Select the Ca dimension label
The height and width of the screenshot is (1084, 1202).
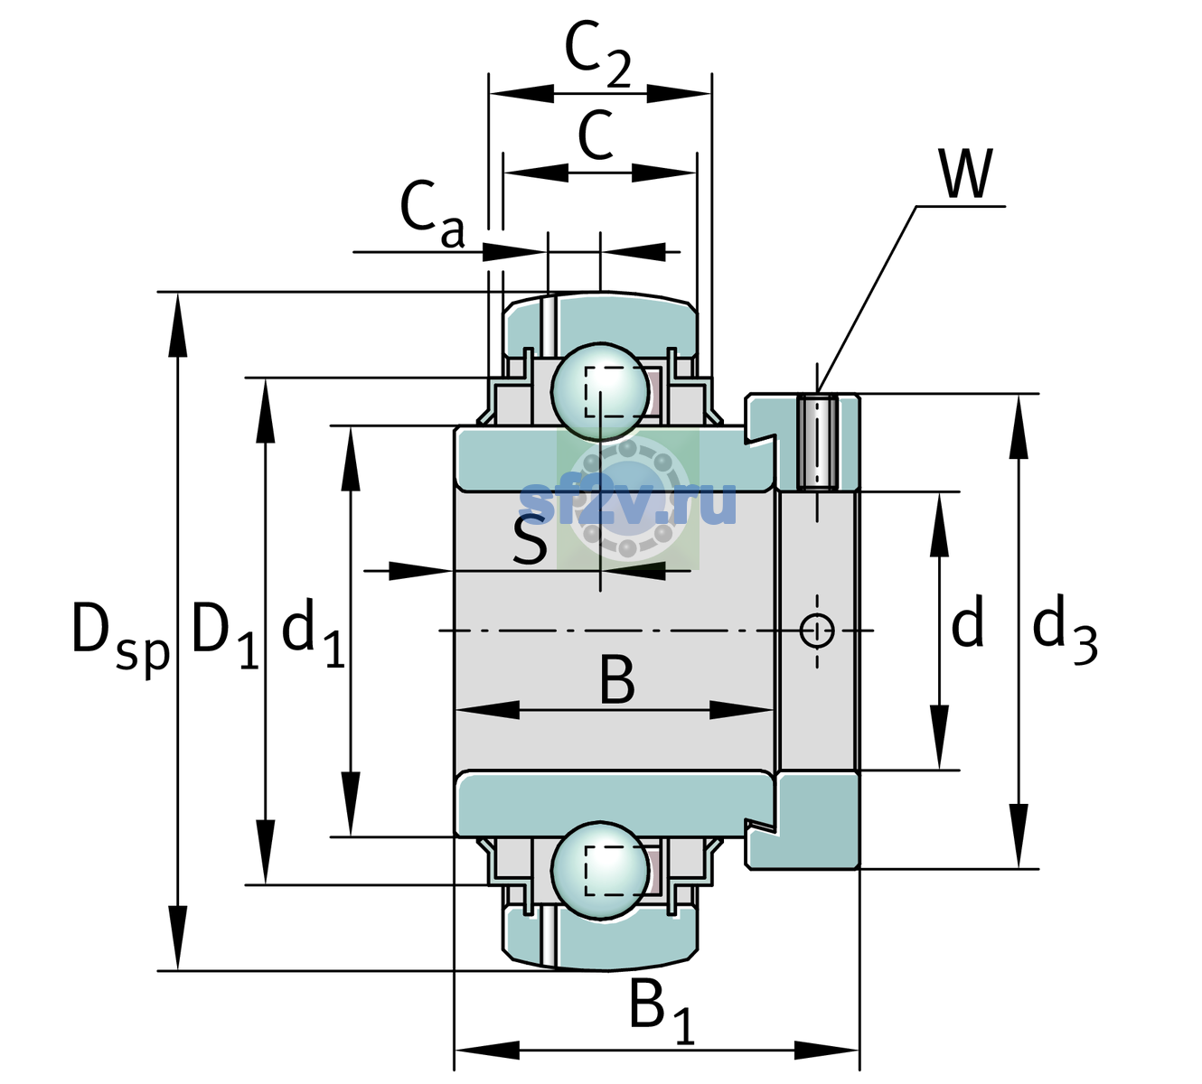tap(432, 214)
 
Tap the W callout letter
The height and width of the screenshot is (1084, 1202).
tap(966, 173)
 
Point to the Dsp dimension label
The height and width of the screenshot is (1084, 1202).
tap(120, 638)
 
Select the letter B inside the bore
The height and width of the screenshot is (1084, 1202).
tap(617, 679)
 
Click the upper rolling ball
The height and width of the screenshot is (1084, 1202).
tap(600, 392)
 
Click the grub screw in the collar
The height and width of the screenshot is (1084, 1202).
tap(817, 443)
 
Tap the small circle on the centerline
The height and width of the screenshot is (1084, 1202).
tap(817, 630)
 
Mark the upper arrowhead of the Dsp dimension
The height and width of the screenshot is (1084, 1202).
tap(177, 324)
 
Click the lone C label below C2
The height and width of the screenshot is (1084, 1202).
tap(596, 135)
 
